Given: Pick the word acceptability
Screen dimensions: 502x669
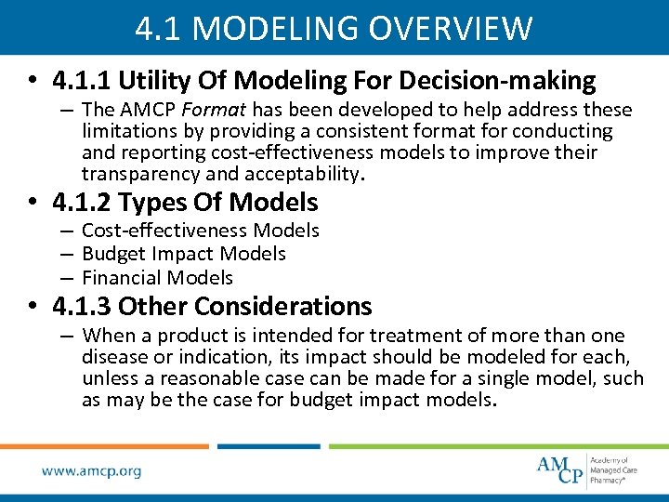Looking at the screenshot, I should (x=298, y=173).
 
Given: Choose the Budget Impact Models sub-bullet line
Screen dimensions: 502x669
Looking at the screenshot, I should (x=183, y=254).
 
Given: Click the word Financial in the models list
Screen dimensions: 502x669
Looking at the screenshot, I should (x=119, y=278).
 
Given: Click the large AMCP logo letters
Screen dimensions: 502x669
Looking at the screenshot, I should (x=561, y=469).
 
